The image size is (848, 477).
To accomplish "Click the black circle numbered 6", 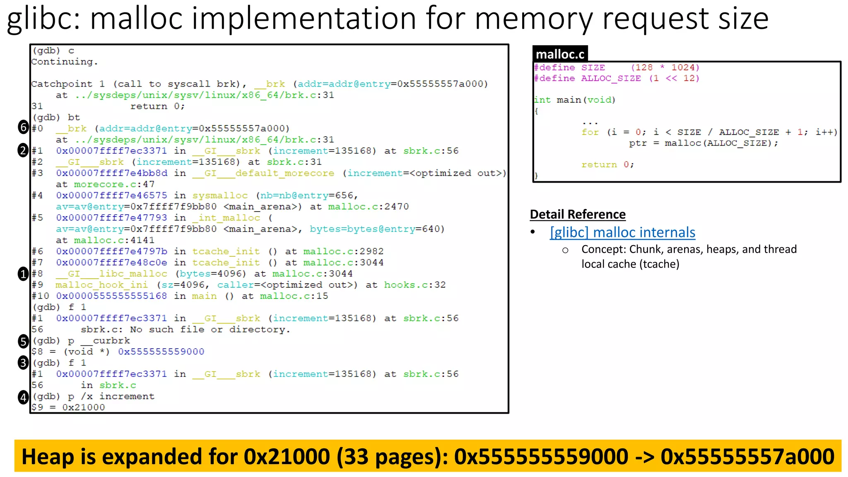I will tap(23, 128).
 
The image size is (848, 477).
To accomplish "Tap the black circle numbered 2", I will tap(23, 150).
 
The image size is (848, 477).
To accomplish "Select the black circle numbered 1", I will tap(23, 274).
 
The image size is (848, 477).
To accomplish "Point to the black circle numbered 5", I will tap(23, 341).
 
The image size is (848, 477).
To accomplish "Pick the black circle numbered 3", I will tap(23, 363).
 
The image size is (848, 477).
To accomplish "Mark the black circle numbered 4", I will tap(23, 397).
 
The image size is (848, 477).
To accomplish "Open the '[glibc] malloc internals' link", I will tap(622, 232).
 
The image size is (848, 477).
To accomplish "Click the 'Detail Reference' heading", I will tap(578, 214).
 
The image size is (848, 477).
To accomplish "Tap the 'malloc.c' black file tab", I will tap(560, 54).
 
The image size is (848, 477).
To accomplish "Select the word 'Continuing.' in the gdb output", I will tap(65, 62).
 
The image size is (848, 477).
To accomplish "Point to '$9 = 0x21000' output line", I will tap(68, 407).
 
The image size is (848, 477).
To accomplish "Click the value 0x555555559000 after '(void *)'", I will tap(161, 352).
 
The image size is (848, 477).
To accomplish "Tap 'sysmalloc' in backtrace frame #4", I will tap(220, 195).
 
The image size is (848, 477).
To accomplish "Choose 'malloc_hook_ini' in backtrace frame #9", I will tap(101, 285).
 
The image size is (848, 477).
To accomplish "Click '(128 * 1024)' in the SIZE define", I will tap(665, 67).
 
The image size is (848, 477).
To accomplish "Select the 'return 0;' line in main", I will tap(607, 165).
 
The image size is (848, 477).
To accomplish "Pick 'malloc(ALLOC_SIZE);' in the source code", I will tap(721, 143).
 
